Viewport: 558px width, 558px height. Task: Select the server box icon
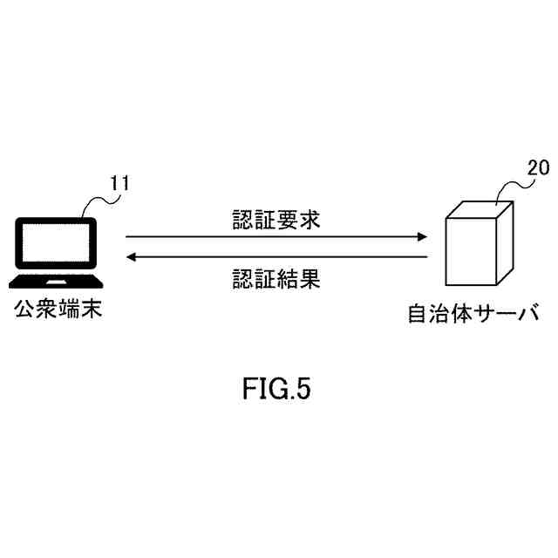click(478, 244)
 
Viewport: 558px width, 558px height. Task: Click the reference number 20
click(539, 168)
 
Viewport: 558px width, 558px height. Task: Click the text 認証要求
click(276, 219)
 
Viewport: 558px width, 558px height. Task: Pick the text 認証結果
click(276, 278)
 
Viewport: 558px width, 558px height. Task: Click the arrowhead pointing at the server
click(422, 236)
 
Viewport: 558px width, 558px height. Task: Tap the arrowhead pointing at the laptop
click(132, 256)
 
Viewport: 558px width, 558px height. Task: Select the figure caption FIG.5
click(276, 390)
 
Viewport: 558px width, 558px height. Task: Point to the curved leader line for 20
click(512, 186)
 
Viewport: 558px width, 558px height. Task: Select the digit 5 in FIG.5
click(303, 390)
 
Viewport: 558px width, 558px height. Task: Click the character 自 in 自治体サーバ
click(418, 313)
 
